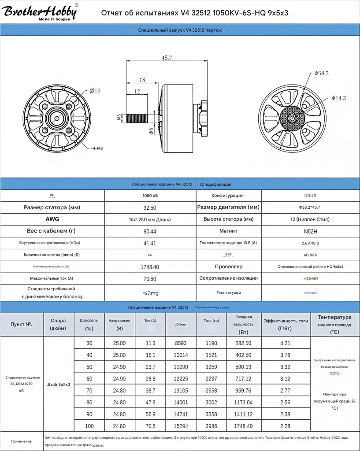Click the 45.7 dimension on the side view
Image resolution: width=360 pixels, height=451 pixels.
tap(167, 58)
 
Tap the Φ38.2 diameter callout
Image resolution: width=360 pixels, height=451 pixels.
tap(321, 73)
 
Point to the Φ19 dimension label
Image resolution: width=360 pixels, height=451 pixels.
tap(95, 91)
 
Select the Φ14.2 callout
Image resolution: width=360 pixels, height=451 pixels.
tap(338, 98)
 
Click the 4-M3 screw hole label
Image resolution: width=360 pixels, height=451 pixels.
tap(96, 148)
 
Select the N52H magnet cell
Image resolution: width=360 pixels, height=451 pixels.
tap(311, 231)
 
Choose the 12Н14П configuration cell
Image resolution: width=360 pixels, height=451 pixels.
tap(311, 196)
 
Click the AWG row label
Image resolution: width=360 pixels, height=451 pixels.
tap(52, 219)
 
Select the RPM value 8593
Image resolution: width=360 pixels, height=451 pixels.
tap(181, 343)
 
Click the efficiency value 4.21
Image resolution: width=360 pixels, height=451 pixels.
tap(285, 343)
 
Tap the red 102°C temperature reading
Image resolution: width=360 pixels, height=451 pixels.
tap(334, 373)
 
